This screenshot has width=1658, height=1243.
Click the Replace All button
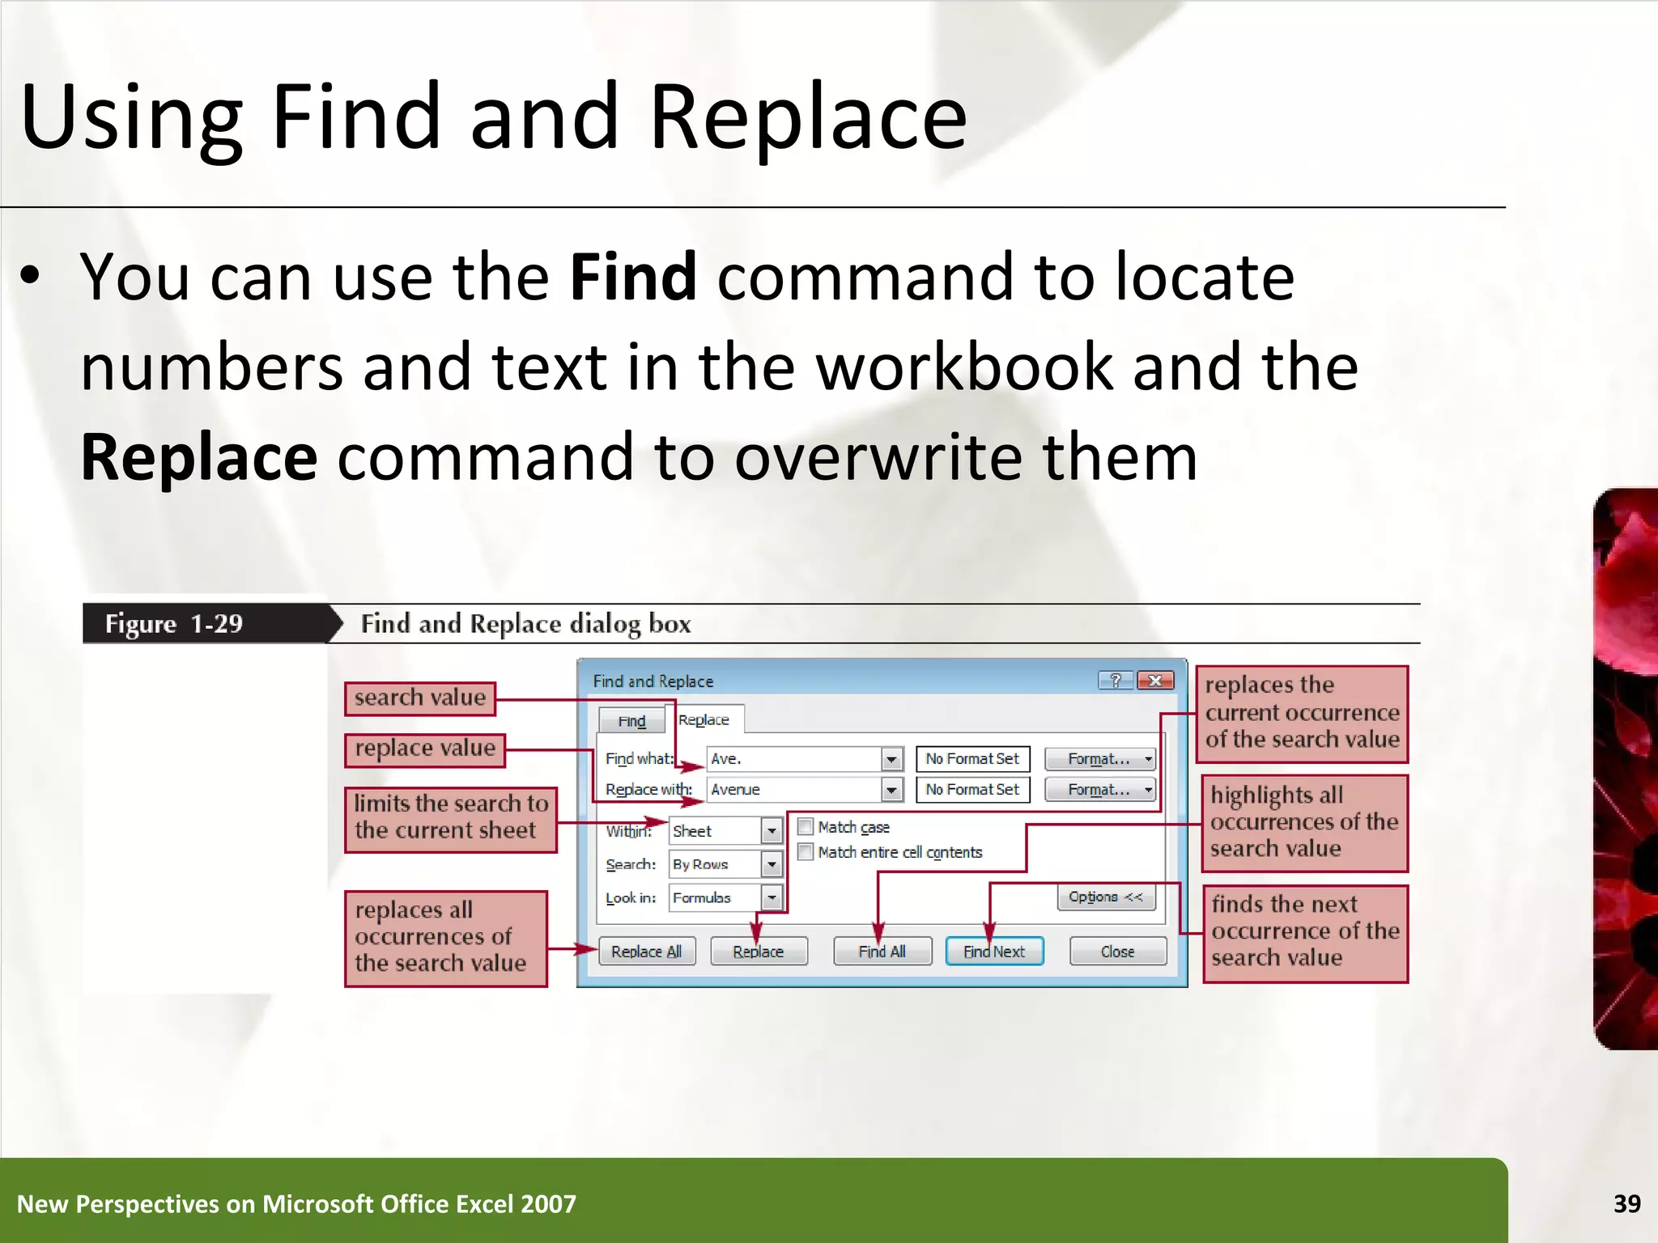tap(646, 951)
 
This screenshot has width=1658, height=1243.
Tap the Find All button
tap(882, 951)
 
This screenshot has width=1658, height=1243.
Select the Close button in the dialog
tap(1117, 951)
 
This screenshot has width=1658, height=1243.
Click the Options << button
tap(1105, 897)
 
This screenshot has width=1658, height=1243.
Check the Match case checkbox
tap(806, 826)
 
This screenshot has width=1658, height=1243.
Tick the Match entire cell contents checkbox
tap(806, 851)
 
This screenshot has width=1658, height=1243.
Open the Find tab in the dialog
tap(631, 720)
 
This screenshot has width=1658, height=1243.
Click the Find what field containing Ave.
tap(793, 758)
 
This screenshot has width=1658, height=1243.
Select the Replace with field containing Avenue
tap(793, 789)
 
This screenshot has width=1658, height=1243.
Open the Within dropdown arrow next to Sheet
tap(772, 830)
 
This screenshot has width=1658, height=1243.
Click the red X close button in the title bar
tap(1155, 681)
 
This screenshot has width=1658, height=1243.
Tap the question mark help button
tap(1116, 681)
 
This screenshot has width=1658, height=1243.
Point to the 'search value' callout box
tap(419, 698)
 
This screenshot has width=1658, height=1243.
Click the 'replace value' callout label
tap(424, 749)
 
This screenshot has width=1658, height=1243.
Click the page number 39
tap(1626, 1203)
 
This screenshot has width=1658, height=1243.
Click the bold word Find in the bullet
tap(632, 277)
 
